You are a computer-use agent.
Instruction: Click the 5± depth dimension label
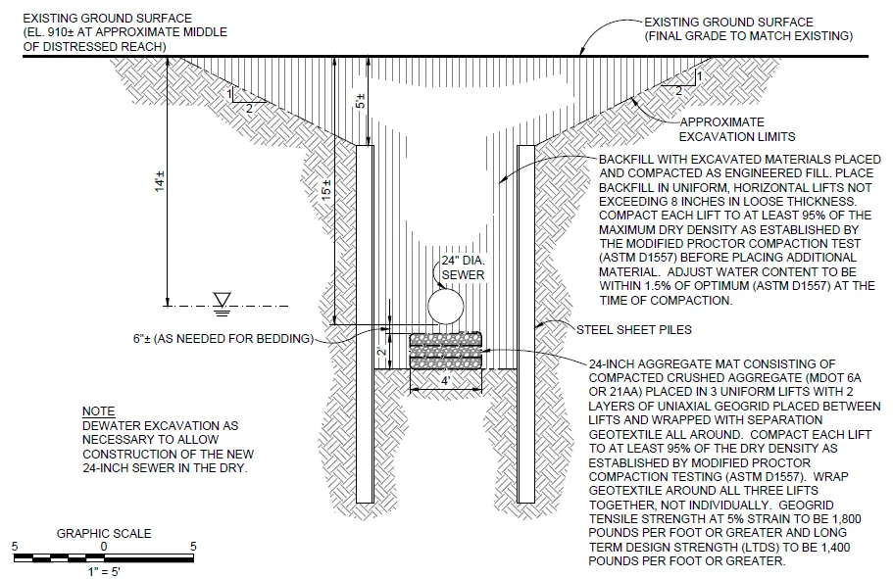point(361,100)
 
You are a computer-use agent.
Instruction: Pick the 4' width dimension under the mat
point(446,380)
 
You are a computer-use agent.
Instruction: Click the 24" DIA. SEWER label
point(462,268)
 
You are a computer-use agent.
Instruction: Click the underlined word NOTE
point(98,411)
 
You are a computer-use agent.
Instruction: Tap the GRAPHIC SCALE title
point(104,533)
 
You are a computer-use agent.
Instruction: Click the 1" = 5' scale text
point(103,570)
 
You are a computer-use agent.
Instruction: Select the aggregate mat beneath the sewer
point(446,350)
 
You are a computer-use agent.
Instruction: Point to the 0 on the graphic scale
point(103,545)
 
